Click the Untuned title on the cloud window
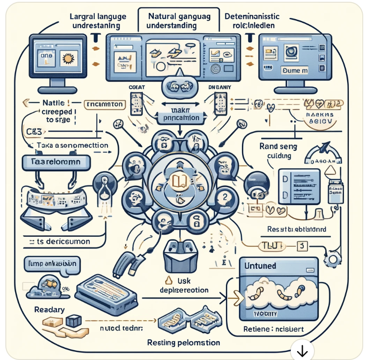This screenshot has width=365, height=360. [260, 266]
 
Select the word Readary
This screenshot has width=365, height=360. [49, 309]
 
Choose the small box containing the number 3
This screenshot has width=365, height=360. [301, 246]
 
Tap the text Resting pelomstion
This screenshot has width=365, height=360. [183, 343]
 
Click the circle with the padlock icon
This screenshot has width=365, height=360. [195, 221]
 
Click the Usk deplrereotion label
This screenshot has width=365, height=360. [185, 286]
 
